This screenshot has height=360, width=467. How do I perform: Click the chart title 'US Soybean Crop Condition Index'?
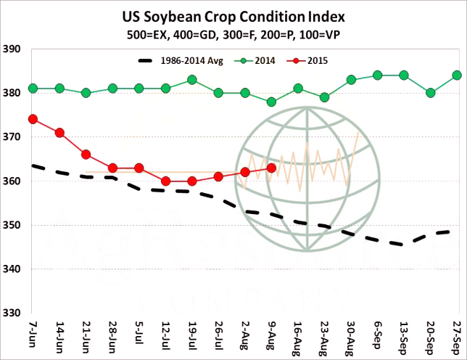coord(233,16)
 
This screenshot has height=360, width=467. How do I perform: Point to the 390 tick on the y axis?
coord(13,49)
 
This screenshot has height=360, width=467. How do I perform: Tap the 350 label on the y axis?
coord(13,225)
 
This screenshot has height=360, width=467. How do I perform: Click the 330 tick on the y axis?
coord(13,313)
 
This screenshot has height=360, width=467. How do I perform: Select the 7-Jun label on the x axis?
coord(33,336)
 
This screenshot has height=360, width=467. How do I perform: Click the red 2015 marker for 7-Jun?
coord(33,119)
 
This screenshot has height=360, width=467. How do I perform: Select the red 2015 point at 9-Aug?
coord(271,168)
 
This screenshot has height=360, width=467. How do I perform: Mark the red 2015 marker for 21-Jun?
coord(86,155)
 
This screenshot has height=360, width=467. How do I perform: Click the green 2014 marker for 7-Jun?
coord(33,89)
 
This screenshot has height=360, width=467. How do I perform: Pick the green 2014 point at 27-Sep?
coord(457,75)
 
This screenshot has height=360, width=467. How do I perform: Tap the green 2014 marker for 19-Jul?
coord(192,80)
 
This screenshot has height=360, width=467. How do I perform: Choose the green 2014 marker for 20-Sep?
coord(431,93)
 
